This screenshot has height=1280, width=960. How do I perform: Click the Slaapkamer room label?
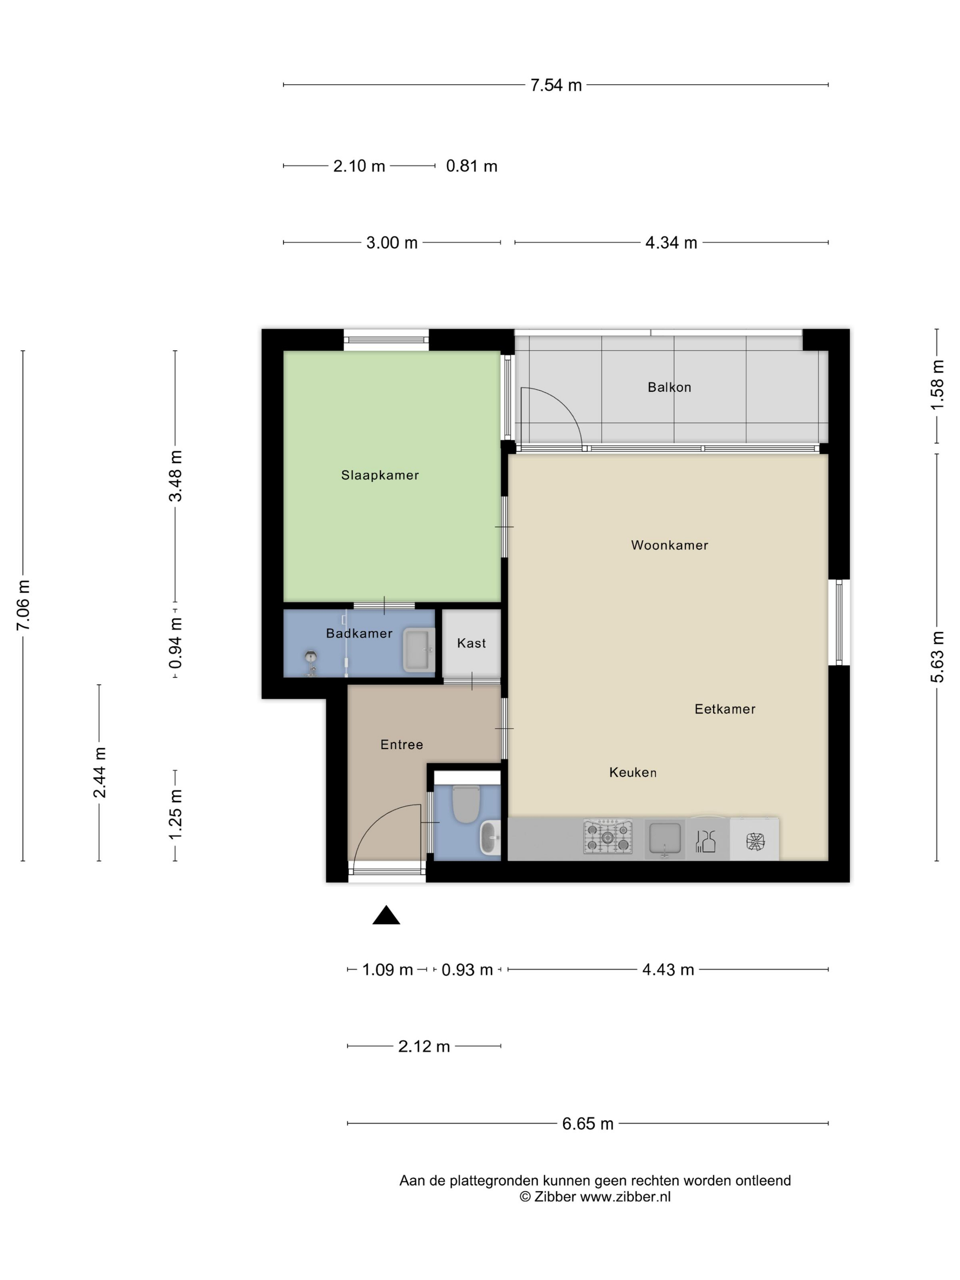click(379, 475)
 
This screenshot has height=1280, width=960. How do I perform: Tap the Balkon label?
click(669, 387)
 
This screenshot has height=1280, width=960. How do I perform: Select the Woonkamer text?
click(670, 545)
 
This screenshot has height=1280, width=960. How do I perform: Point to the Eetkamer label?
click(725, 709)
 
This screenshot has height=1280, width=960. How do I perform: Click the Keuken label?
click(633, 772)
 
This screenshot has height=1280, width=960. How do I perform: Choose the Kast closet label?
click(471, 643)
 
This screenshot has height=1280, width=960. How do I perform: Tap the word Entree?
click(401, 745)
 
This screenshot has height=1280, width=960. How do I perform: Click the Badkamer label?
click(359, 633)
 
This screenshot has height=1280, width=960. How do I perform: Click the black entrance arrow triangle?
click(386, 916)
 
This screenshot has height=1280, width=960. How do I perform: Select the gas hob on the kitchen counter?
click(608, 837)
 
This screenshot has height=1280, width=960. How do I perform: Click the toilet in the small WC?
click(466, 803)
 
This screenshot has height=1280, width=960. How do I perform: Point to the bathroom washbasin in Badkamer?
click(418, 650)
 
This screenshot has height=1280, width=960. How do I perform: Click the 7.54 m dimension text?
click(555, 85)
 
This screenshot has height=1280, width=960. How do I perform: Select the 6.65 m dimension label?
click(587, 1124)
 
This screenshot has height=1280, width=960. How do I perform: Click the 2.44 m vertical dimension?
click(100, 772)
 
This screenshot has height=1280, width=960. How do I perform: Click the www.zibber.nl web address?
click(625, 1197)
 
